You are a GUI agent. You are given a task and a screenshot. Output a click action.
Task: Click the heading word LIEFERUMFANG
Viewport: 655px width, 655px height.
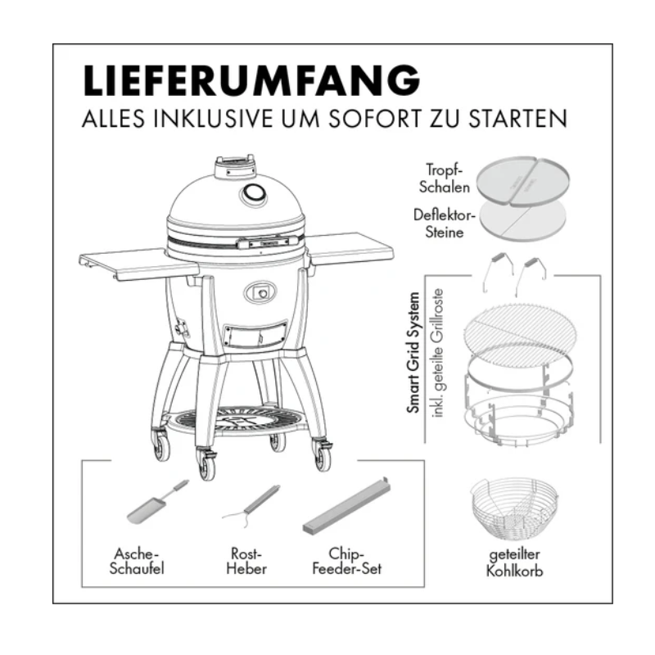[251, 81]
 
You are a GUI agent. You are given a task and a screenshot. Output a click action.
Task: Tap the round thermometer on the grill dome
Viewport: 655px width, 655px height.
[253, 195]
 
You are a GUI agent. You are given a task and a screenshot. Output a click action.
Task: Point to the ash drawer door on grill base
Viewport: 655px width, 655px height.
[255, 335]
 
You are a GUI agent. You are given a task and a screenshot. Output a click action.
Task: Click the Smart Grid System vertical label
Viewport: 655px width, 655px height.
[415, 352]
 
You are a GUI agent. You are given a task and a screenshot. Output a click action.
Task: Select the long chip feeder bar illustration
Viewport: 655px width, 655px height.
[346, 508]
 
